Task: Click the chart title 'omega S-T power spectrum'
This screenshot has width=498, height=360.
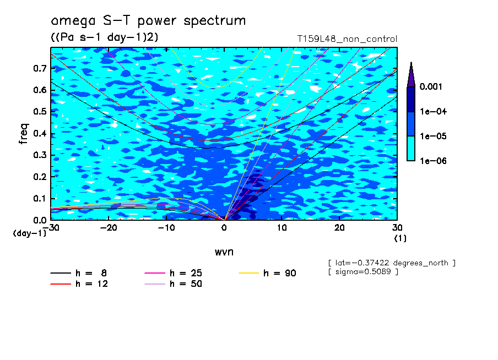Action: [148, 21]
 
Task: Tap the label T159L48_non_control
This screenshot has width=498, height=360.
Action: [347, 39]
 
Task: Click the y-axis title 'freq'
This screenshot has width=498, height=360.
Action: [24, 134]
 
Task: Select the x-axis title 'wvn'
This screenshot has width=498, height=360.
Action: [224, 252]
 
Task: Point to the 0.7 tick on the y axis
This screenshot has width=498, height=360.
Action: [40, 68]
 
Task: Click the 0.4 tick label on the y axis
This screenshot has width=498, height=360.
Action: [40, 133]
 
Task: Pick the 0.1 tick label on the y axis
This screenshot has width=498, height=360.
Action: [40, 198]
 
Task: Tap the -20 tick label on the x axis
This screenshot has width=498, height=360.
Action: [109, 228]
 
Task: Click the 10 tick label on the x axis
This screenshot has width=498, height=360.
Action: [282, 228]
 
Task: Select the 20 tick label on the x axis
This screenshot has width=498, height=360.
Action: [339, 228]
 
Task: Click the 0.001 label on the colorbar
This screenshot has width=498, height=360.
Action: [431, 86]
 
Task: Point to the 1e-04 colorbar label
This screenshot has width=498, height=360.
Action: [433, 111]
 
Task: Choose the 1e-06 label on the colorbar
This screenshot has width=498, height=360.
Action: [433, 161]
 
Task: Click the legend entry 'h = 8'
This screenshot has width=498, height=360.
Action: [79, 273]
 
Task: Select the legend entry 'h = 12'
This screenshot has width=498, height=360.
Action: [79, 284]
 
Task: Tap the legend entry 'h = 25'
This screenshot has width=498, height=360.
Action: [174, 273]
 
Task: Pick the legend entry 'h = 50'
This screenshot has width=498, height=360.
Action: [174, 284]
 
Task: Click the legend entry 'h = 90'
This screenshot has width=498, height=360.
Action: [267, 273]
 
